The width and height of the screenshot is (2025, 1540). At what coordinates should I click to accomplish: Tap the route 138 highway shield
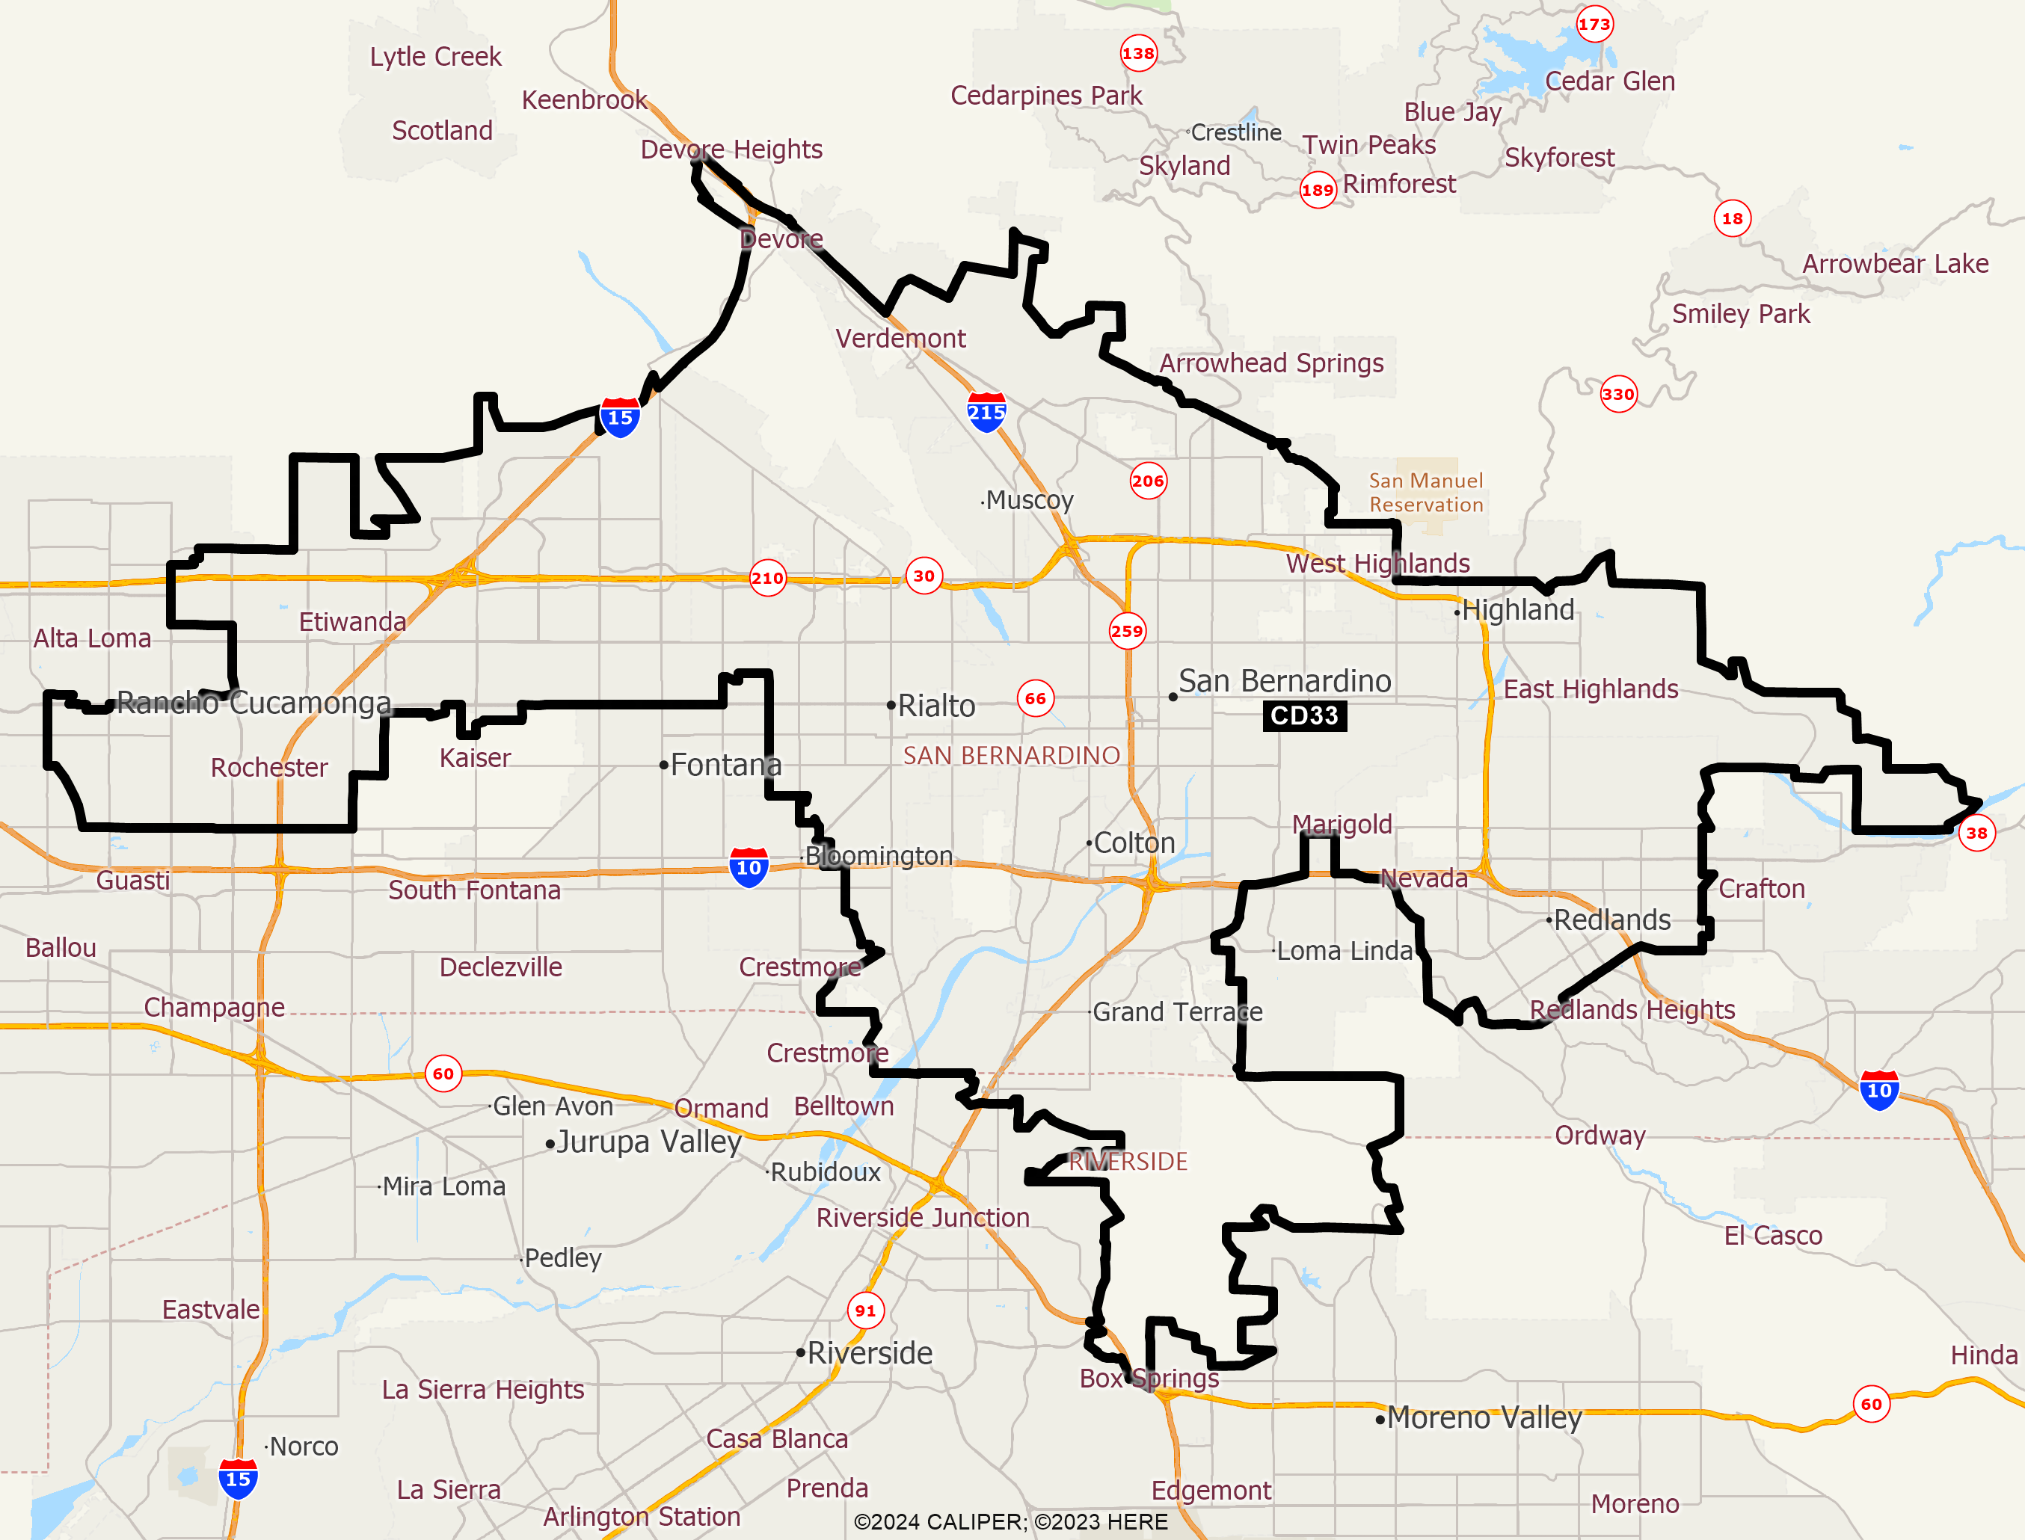[1137, 53]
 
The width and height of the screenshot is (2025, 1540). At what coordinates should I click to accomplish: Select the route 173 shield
[1594, 25]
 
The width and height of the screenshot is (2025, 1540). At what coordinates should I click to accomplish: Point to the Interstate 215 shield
[986, 413]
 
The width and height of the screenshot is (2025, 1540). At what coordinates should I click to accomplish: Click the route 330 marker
[1618, 394]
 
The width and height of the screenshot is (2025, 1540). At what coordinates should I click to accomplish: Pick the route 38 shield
[1976, 834]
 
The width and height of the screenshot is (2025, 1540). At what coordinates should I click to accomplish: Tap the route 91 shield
[865, 1310]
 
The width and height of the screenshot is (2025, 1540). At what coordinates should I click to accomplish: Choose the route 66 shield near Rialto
[1035, 698]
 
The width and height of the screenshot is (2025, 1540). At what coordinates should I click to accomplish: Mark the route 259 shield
[1127, 631]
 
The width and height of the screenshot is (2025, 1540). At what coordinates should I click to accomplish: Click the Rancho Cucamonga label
[254, 703]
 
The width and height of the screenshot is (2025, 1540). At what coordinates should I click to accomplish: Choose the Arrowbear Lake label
[1895, 264]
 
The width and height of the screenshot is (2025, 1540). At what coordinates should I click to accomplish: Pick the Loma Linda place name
[1344, 951]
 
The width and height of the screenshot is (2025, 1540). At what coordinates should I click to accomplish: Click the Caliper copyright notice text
[1010, 1521]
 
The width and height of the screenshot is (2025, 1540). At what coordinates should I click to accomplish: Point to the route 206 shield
[1148, 481]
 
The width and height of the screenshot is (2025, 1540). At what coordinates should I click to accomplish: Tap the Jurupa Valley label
[648, 1142]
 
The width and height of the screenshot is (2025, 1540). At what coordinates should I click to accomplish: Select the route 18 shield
[1732, 218]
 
